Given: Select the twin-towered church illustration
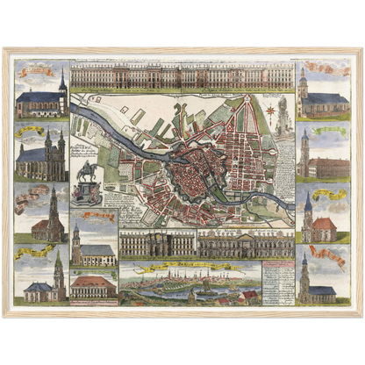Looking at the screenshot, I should [x=41, y=159].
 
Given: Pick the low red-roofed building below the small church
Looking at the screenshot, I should [x=93, y=286].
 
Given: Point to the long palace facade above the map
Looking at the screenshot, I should [x=182, y=77].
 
